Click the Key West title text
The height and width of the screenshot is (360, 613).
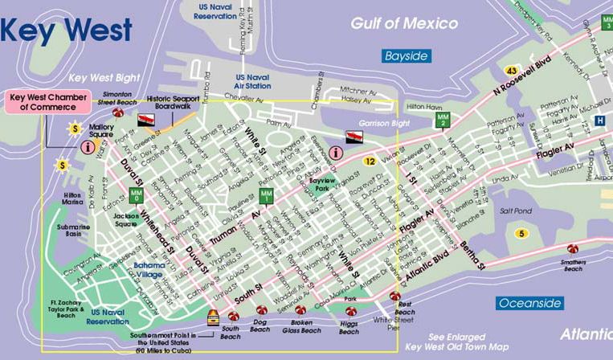click(x=66, y=30)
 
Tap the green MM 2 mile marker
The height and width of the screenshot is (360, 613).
click(x=442, y=120)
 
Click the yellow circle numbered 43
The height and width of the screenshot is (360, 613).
click(x=511, y=72)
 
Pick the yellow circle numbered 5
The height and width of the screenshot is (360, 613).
click(x=521, y=233)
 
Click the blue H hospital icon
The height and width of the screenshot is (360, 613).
click(x=600, y=120)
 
